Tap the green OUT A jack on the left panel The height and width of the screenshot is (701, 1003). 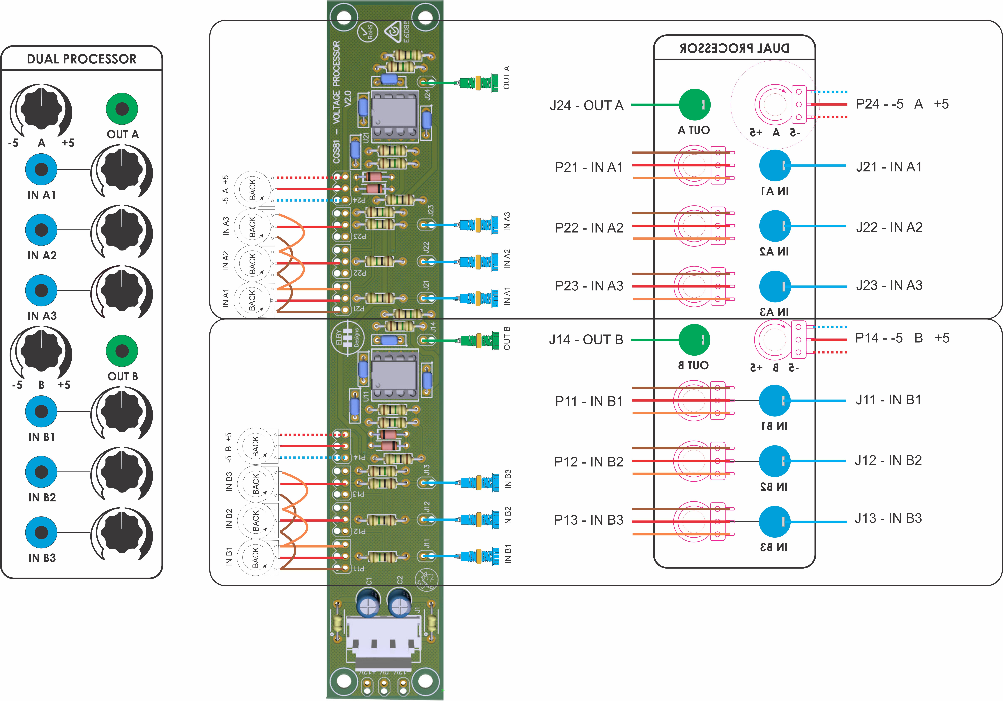(x=122, y=109)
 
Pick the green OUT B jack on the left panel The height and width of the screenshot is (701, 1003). (x=122, y=351)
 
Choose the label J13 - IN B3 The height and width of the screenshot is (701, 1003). (x=888, y=518)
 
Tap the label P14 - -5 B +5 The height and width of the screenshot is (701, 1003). (x=902, y=338)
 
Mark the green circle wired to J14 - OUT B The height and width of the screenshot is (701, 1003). (x=694, y=340)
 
